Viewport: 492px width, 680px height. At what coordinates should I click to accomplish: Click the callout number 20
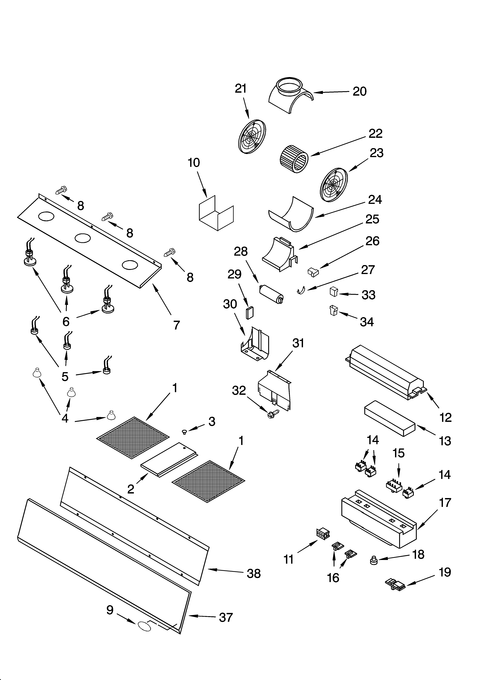pyautogui.click(x=360, y=91)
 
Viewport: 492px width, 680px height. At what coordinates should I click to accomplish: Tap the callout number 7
pyautogui.click(x=176, y=325)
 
